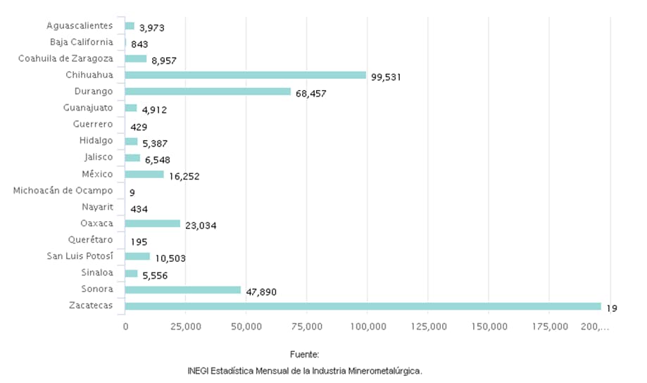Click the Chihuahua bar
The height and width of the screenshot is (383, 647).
[245, 75]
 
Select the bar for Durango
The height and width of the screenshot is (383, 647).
[208, 92]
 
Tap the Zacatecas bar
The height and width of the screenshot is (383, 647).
[363, 306]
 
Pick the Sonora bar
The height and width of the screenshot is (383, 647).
[183, 290]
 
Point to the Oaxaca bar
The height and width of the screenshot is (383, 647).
[153, 224]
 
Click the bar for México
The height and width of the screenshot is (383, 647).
[144, 174]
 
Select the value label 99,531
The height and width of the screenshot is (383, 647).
[386, 77]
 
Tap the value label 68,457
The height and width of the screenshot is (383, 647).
[310, 94]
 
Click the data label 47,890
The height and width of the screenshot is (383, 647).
[260, 292]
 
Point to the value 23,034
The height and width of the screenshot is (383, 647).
[201, 226]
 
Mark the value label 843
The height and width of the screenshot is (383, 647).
[139, 44]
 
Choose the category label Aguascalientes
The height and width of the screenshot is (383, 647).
[80, 26]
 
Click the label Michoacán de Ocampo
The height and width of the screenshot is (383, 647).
[63, 191]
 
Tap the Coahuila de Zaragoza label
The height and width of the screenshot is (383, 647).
[65, 58]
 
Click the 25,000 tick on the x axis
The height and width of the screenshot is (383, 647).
[186, 327]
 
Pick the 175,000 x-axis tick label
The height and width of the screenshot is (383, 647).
[550, 327]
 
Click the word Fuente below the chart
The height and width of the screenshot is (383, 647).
[304, 354]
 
